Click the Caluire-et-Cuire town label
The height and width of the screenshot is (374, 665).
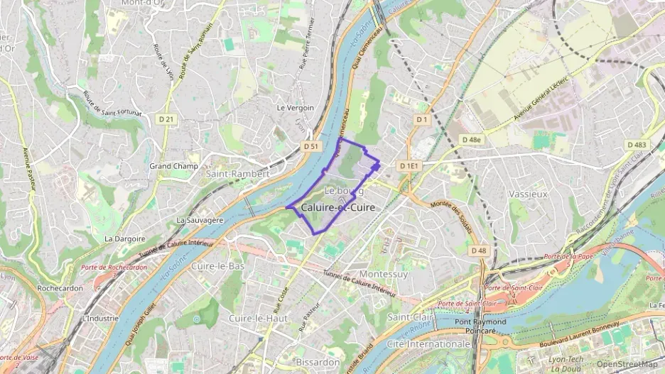[338, 207]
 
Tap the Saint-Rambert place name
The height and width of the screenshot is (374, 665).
[237, 174]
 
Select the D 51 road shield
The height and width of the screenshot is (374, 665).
[310, 146]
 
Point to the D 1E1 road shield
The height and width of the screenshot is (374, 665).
[410, 166]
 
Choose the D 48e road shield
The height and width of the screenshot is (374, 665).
[470, 140]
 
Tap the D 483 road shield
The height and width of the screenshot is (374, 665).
[637, 145]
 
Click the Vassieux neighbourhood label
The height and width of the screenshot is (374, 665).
[528, 193]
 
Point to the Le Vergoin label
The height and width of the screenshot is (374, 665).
[295, 108]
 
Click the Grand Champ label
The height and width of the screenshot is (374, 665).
[173, 166]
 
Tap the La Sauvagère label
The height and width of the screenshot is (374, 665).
[200, 220]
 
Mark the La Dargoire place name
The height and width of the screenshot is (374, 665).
[125, 239]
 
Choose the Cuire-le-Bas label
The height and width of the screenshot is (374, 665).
[217, 266]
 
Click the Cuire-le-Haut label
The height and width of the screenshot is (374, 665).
[258, 319]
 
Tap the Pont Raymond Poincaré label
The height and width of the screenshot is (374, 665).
[480, 326]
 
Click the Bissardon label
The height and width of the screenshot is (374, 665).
[318, 362]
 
